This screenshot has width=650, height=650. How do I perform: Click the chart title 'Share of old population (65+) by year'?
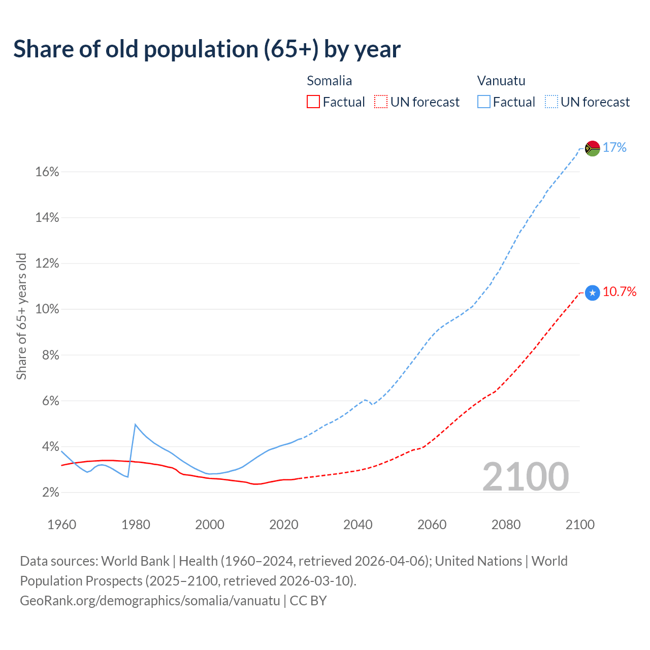(207, 49)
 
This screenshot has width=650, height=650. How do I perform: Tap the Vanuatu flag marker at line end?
(592, 148)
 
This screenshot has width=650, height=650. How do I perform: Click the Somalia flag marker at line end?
(592, 292)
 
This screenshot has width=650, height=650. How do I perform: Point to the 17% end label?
(614, 148)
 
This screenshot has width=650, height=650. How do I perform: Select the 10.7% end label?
(620, 291)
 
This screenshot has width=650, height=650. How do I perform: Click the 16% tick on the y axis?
(47, 172)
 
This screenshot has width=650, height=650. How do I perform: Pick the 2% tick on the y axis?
(50, 493)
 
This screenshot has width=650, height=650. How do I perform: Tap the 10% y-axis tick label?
(47, 309)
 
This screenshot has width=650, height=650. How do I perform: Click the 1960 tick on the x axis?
(61, 525)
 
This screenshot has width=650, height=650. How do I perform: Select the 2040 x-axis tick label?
(357, 525)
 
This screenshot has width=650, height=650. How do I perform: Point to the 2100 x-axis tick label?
(579, 525)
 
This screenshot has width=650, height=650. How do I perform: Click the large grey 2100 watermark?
(526, 477)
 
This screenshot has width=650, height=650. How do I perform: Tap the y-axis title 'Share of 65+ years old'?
(21, 316)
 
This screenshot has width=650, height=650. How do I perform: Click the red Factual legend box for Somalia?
(313, 102)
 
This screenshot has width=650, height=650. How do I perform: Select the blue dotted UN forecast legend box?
(551, 102)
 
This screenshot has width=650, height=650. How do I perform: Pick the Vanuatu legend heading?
(501, 81)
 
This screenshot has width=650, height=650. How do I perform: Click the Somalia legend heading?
(329, 81)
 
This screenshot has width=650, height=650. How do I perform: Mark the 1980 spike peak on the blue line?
(135, 425)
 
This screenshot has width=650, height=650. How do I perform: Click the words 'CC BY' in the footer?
(308, 601)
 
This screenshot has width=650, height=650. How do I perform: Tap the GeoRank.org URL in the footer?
(150, 601)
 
